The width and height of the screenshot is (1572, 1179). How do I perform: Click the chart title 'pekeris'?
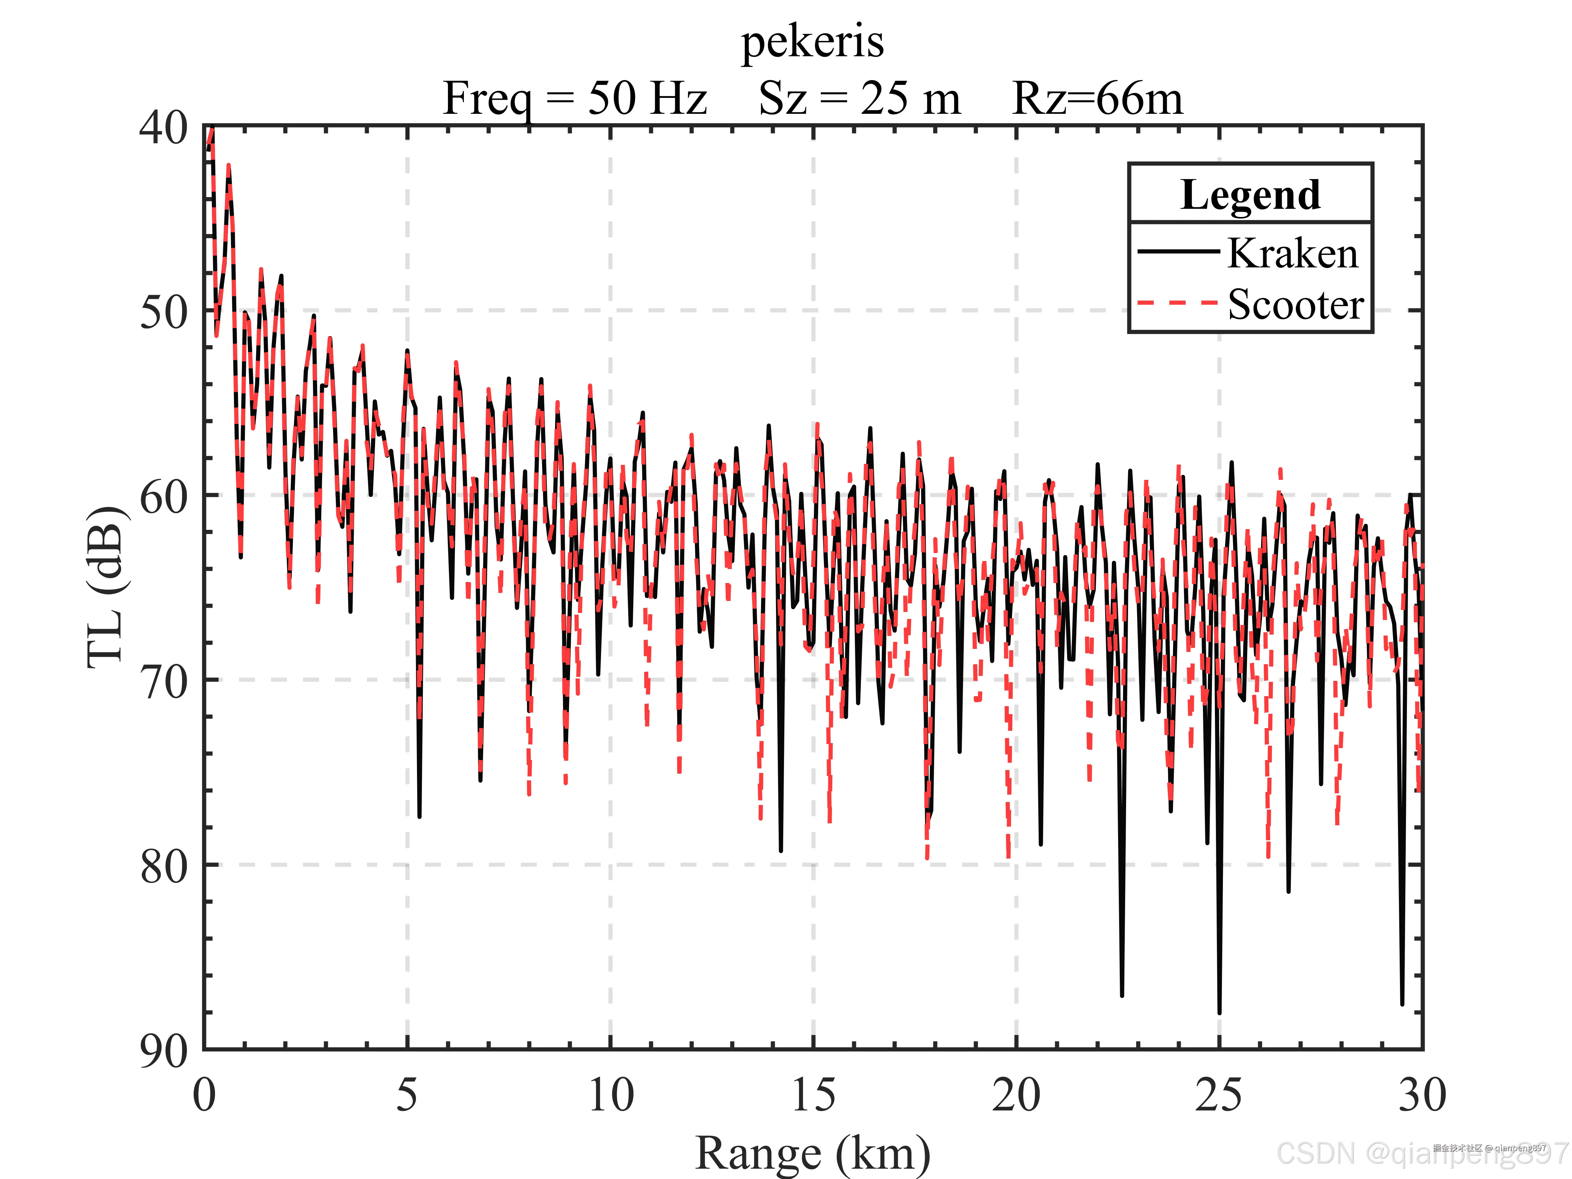pyautogui.click(x=812, y=43)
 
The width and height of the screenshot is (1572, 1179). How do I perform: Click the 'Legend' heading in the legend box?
pyautogui.click(x=1250, y=195)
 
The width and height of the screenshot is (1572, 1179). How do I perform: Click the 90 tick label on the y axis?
pyautogui.click(x=163, y=1050)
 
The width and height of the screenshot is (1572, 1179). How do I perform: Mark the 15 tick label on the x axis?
pyautogui.click(x=813, y=1094)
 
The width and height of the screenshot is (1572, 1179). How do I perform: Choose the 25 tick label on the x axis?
pyautogui.click(x=1219, y=1094)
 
